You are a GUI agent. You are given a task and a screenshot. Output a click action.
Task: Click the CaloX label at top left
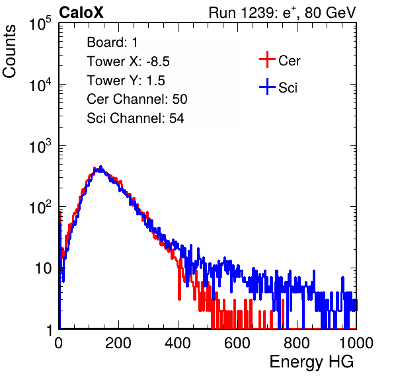[81, 13]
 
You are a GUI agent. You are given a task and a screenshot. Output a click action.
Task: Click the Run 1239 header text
[282, 13]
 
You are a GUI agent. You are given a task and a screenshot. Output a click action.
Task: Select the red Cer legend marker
[267, 59]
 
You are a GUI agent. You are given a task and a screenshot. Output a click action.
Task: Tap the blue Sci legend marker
[267, 87]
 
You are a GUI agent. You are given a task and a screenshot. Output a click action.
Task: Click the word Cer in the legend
[289, 61]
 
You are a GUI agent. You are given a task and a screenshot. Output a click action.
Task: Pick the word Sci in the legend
[288, 88]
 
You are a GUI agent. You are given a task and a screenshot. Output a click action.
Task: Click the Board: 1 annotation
[112, 42]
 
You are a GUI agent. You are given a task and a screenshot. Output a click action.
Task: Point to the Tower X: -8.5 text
[128, 61]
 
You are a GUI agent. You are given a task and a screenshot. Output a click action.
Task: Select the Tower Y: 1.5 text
[126, 81]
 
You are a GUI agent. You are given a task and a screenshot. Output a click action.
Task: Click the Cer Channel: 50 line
[137, 99]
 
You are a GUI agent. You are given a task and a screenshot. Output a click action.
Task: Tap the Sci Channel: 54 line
[136, 118]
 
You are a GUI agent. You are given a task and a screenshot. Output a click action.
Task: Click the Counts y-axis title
[9, 52]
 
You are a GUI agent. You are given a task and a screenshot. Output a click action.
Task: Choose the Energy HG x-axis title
[311, 362]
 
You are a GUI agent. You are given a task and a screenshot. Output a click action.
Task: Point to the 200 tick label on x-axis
[118, 343]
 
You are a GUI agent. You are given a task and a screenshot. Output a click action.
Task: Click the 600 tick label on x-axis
[237, 343]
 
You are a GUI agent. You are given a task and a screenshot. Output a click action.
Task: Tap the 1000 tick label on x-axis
[356, 343]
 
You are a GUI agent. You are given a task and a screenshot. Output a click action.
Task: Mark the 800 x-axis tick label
[297, 343]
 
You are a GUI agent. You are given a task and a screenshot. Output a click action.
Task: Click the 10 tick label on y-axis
[43, 268]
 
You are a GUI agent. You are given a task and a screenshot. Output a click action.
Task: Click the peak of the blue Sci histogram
[100, 167]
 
